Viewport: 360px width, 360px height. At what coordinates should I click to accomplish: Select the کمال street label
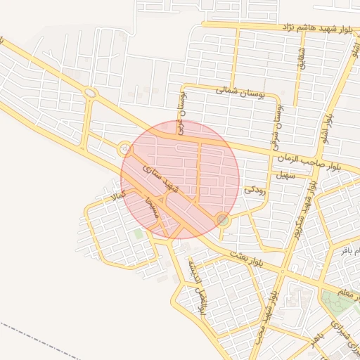(x=113, y=191)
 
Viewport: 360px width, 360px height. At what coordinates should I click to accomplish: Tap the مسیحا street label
(x=150, y=205)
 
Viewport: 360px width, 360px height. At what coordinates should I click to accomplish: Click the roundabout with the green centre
(x=223, y=220)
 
